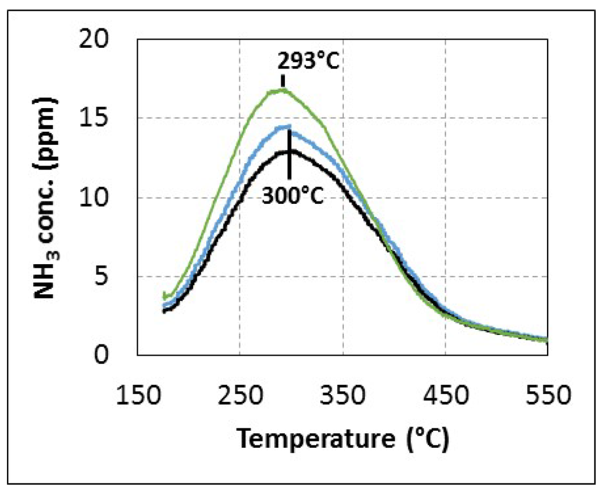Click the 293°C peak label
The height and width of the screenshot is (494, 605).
click(x=307, y=61)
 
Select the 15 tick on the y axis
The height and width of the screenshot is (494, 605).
click(x=107, y=118)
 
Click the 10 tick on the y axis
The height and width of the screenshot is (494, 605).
click(x=107, y=198)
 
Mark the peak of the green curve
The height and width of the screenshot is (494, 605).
click(x=283, y=90)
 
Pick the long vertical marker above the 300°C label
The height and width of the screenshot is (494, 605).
click(x=290, y=154)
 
